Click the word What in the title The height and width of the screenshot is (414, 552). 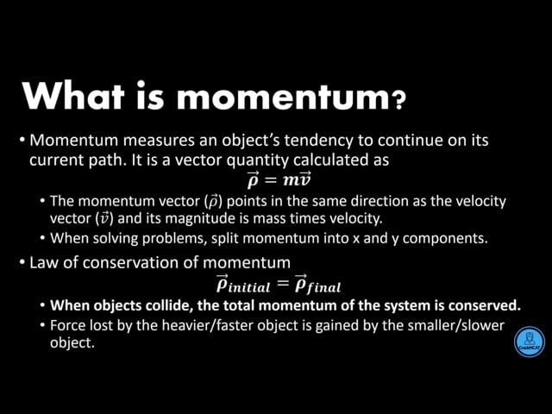(x=74, y=96)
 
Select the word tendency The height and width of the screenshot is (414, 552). (x=318, y=141)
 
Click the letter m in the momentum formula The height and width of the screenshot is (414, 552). (x=291, y=180)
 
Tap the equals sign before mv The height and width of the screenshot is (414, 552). (x=271, y=180)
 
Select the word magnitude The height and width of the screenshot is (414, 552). (x=200, y=218)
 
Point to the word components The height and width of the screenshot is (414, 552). (x=445, y=239)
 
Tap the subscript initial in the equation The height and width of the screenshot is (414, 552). (x=249, y=287)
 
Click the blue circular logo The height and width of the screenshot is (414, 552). (x=530, y=342)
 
